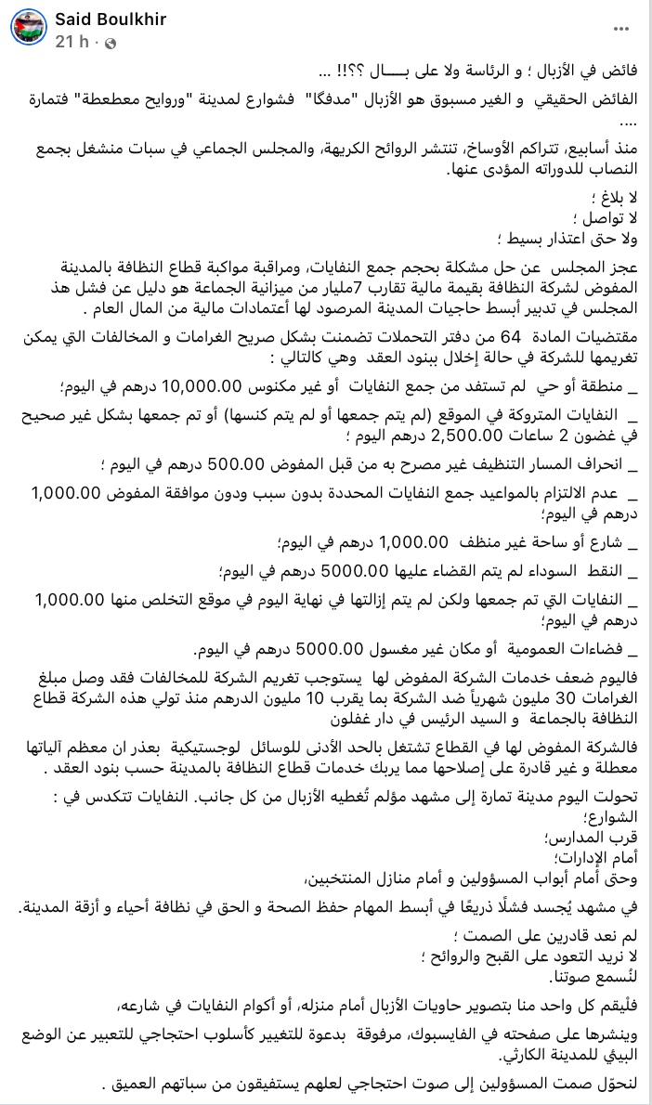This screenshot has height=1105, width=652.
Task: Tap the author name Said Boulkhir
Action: pos(111,19)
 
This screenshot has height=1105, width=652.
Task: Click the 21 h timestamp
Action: pos(71,43)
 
